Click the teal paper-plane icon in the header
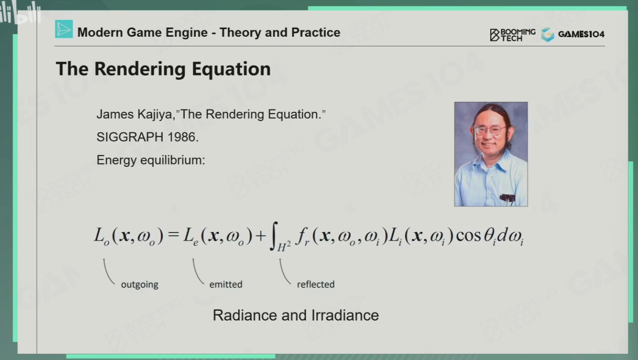(64, 29)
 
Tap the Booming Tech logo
(513, 35)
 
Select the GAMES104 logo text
(581, 34)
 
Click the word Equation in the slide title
(231, 69)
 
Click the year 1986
(183, 137)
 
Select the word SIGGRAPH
(130, 137)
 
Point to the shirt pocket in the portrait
(507, 198)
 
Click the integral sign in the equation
(274, 236)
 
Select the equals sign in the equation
(173, 235)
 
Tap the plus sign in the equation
(261, 236)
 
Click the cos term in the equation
(468, 236)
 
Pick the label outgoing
(140, 284)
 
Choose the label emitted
(226, 284)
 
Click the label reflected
(316, 284)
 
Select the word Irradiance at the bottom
(345, 316)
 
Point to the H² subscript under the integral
(284, 246)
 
